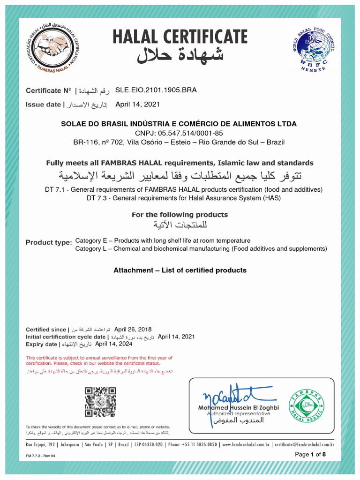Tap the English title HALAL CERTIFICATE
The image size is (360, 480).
(180, 37)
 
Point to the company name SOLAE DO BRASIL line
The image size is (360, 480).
(179, 124)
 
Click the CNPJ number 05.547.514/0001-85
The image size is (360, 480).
(179, 133)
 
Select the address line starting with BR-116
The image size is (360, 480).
(179, 142)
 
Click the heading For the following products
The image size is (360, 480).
(180, 215)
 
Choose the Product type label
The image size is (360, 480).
(48, 242)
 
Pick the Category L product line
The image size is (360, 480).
(201, 249)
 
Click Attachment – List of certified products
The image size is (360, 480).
(180, 270)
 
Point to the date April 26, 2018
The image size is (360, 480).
(133, 330)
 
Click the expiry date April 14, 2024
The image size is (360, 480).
(113, 344)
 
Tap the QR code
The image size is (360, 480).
(100, 402)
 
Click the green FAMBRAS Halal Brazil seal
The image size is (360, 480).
(306, 404)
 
